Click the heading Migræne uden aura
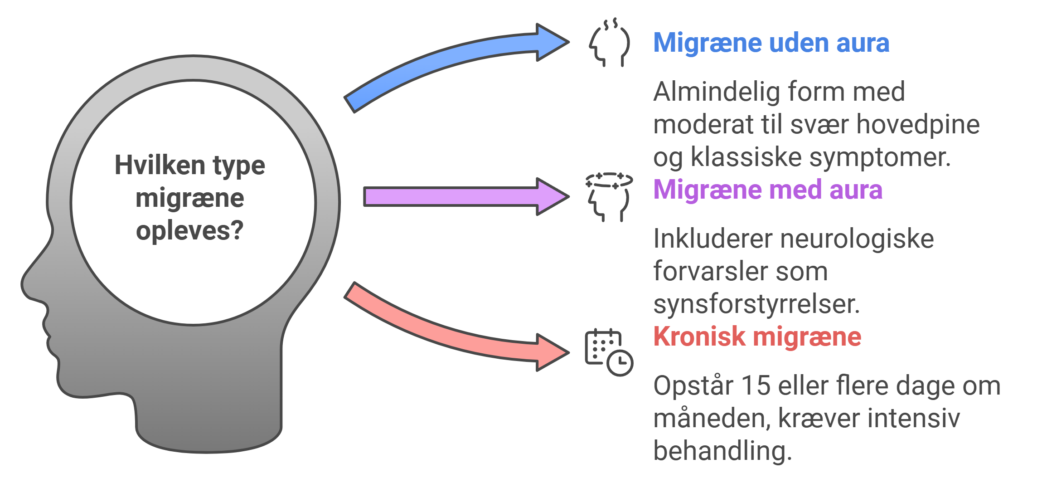click(x=771, y=43)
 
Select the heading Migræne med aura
click(x=767, y=190)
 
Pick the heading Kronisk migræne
click(x=757, y=337)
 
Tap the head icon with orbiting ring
click(x=609, y=197)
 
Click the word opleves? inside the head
click(x=189, y=230)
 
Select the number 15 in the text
click(x=756, y=386)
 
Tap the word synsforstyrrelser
click(x=756, y=304)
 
